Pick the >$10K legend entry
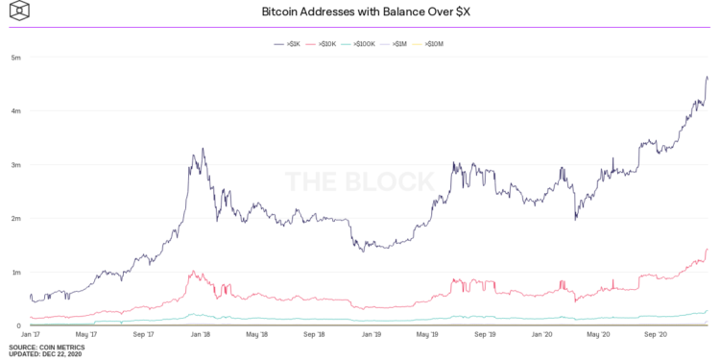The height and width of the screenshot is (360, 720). tap(323, 44)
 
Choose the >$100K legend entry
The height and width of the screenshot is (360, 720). tap(361, 44)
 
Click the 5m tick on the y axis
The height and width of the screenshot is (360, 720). tap(16, 58)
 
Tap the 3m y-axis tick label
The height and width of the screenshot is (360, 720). tap(16, 165)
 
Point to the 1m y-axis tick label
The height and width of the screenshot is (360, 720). tap(16, 273)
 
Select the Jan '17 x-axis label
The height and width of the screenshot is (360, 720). tap(32, 335)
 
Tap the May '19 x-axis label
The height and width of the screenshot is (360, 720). tap(429, 335)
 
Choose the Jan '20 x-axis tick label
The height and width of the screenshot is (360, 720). tap(543, 335)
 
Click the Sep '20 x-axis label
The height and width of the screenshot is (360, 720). tap(657, 335)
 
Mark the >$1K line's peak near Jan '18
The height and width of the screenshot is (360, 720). tap(203, 149)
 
